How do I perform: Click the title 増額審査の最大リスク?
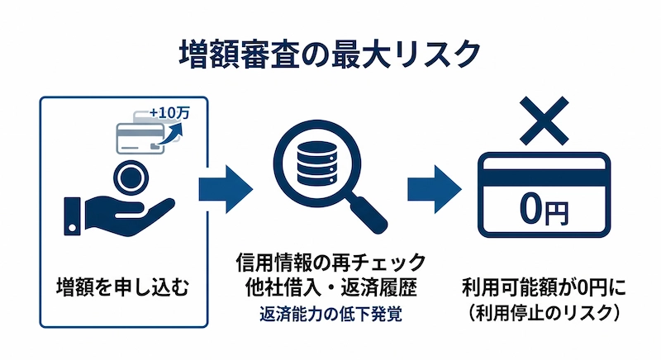(x=330, y=54)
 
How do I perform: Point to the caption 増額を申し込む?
(x=123, y=288)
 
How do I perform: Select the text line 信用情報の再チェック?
(x=330, y=263)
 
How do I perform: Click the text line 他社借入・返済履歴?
(x=330, y=289)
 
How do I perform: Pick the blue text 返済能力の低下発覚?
(x=330, y=314)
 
